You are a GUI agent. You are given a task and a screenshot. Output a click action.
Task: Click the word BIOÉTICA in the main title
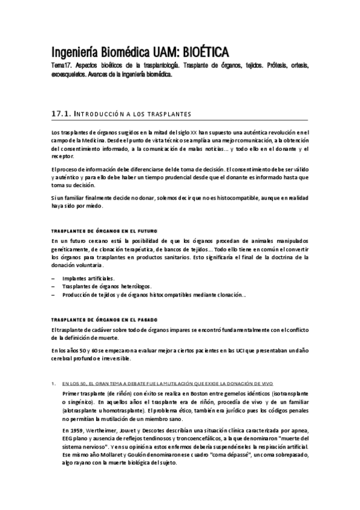[x=200, y=51]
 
